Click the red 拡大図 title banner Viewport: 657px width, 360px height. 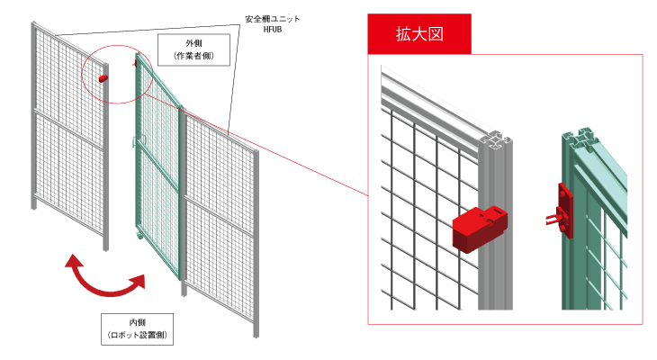pyautogui.click(x=420, y=34)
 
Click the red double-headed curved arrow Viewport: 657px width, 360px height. pyautogui.click(x=106, y=279)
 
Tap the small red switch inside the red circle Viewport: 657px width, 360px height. pyautogui.click(x=103, y=78)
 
